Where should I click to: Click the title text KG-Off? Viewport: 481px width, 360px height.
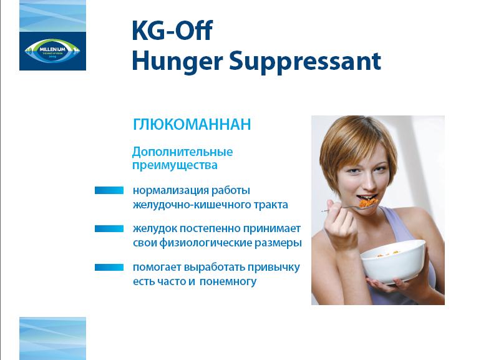pos(172,31)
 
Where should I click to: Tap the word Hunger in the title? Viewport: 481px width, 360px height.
pos(177,62)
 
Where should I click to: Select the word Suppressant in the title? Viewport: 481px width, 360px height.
pos(305,62)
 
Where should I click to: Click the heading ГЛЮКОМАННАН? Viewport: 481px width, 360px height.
pos(192,124)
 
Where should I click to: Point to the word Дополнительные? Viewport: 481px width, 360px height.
pos(183,152)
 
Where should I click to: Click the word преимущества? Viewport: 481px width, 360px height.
pos(175,165)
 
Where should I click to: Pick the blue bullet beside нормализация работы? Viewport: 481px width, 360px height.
pos(109,190)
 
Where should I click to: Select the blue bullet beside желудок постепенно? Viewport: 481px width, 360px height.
pos(109,228)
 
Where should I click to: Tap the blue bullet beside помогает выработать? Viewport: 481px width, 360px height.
pos(109,267)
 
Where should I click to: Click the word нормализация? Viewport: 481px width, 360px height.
pos(170,190)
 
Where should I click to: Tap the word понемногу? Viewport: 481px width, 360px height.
pos(228,282)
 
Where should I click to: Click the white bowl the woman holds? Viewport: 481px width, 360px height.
pos(394,260)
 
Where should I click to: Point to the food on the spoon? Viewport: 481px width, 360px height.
pos(368,202)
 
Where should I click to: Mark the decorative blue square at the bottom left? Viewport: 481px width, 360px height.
pos(52,339)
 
